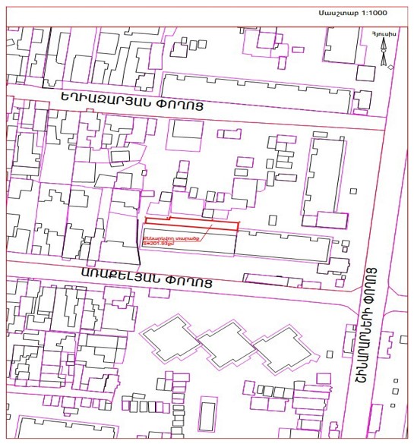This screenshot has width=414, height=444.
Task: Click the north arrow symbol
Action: pyautogui.click(x=384, y=50)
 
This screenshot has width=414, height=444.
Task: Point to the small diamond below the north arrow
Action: pyautogui.click(x=390, y=67)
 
